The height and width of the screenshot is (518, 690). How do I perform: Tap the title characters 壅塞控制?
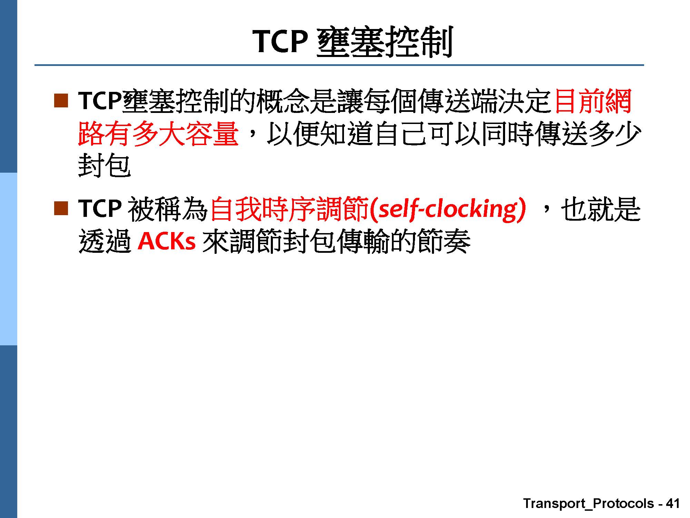[384, 42]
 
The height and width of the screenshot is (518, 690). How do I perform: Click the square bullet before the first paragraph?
[61, 100]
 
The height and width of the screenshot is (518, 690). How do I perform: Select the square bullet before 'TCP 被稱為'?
[61, 209]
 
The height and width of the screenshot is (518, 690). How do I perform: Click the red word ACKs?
[167, 241]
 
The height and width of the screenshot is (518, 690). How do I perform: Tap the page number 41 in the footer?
[673, 503]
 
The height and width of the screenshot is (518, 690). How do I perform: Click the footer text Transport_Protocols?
[589, 503]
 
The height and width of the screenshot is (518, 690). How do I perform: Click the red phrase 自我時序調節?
[289, 209]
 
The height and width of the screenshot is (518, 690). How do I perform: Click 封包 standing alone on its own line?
[105, 166]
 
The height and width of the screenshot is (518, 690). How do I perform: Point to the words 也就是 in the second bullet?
[601, 209]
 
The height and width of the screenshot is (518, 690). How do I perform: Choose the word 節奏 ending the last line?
[444, 241]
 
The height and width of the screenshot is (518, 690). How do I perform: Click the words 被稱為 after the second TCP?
[168, 209]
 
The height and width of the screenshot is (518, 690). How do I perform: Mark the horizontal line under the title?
[339, 65]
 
